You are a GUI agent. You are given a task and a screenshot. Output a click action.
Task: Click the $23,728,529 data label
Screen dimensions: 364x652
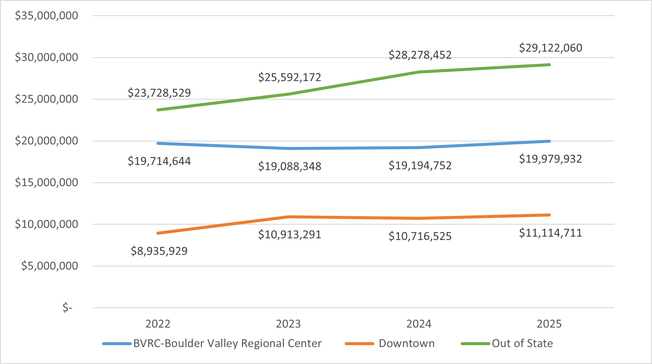point(159,93)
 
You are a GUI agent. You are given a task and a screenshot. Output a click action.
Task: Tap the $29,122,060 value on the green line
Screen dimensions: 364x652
point(550,48)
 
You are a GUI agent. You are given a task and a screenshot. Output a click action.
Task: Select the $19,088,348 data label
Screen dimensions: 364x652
point(289,166)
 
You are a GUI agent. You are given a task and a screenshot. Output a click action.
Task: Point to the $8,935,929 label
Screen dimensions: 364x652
point(159,251)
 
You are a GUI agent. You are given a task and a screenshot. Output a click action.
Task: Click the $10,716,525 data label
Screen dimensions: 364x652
point(420,236)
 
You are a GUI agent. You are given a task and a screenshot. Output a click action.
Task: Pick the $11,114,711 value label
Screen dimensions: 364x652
point(550,233)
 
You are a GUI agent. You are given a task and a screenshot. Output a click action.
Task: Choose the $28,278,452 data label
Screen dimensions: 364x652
point(420,55)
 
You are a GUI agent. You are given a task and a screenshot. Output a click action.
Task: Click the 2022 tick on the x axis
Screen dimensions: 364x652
point(158,324)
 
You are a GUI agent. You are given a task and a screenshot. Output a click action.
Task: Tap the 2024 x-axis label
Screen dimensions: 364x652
point(418,324)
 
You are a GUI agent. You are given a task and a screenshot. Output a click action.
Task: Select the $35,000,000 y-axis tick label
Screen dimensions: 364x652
point(46,15)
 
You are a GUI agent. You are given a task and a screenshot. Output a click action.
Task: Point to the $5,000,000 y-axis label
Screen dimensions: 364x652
point(49,266)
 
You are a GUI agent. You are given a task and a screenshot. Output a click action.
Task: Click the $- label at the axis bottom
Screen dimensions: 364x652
point(67,308)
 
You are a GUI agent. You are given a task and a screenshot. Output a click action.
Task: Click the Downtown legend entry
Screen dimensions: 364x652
point(406,343)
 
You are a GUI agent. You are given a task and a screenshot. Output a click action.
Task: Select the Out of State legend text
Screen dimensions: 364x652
point(522,343)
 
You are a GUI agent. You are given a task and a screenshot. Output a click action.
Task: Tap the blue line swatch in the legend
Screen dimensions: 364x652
point(117,344)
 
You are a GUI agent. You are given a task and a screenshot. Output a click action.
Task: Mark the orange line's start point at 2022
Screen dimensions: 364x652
point(158,233)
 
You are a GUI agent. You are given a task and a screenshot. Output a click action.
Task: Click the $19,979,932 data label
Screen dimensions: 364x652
point(550,159)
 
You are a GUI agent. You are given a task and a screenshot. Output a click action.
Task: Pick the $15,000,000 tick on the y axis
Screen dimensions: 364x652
point(46,182)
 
